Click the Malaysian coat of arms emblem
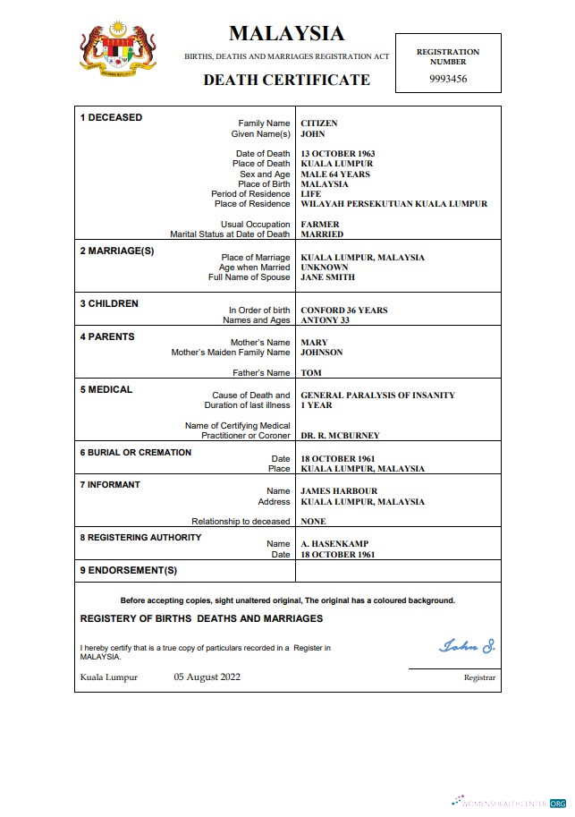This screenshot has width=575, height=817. (x=118, y=50)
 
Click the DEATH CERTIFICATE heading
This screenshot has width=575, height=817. (x=286, y=80)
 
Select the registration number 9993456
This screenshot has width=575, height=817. (x=448, y=79)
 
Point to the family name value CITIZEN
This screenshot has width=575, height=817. (x=318, y=123)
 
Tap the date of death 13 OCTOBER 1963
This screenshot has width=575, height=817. (x=338, y=154)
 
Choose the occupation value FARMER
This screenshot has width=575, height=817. (x=319, y=225)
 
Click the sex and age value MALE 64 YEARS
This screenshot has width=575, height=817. (x=335, y=174)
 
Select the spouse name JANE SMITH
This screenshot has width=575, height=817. (x=328, y=277)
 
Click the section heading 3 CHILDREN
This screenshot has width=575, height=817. (x=109, y=304)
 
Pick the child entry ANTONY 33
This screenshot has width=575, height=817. (x=324, y=320)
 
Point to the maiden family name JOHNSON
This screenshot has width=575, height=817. (x=321, y=353)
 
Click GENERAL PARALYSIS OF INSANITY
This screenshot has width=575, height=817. (x=377, y=396)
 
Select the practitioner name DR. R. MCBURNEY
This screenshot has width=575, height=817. (x=340, y=436)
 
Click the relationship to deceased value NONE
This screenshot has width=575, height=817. (x=313, y=522)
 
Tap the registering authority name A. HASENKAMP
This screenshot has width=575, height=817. (x=334, y=544)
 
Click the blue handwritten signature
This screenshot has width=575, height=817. (x=466, y=645)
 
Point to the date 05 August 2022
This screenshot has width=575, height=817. (x=207, y=677)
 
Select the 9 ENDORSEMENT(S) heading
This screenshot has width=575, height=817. (x=129, y=570)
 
